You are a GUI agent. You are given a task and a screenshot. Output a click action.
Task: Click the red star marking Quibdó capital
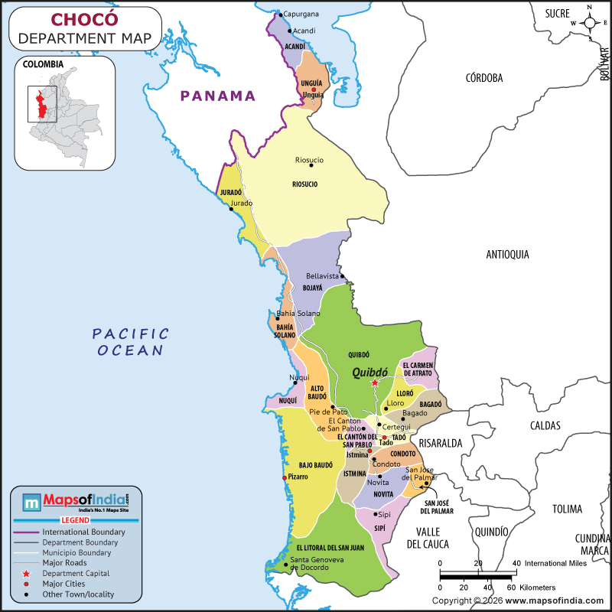375,382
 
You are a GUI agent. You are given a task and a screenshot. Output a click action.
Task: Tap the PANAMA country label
217,96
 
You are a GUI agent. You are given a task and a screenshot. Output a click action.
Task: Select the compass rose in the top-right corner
591,22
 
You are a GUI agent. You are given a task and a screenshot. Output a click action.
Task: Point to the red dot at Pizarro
285,477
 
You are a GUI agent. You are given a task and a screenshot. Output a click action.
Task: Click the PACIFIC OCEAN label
130,342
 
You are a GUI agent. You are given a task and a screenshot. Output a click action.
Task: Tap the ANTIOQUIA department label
507,255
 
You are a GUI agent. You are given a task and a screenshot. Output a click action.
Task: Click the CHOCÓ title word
85,20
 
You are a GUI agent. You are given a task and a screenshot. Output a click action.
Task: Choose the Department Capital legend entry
76,573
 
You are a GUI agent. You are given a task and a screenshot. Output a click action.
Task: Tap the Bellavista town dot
343,276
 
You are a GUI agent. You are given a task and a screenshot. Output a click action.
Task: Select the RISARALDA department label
441,443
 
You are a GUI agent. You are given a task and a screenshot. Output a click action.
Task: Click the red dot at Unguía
313,90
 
